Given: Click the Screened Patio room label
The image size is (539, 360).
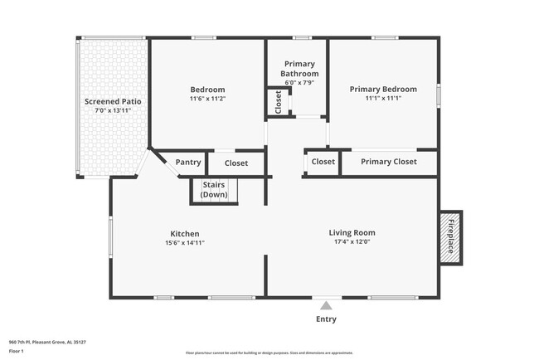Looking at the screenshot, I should (113, 100).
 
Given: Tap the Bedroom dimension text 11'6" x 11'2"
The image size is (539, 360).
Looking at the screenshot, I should (207, 99).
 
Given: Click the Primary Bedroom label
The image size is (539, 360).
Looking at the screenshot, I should (383, 89).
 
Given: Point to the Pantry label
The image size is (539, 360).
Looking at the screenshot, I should (187, 163).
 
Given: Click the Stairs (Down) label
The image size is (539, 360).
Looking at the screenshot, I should (214, 190).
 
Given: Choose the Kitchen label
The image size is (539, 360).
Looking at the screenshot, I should (185, 234).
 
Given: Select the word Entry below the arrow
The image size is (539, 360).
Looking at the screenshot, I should (327, 319).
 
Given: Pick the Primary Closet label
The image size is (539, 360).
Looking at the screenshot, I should (389, 162).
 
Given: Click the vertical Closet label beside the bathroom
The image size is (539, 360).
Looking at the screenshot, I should (278, 102).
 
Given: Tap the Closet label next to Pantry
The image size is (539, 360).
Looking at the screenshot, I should (236, 163).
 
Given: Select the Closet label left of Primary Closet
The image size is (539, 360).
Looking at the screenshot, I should (323, 162).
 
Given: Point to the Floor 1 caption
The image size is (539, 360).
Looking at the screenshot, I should (17, 351).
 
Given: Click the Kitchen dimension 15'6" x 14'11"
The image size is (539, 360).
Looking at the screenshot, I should (185, 243).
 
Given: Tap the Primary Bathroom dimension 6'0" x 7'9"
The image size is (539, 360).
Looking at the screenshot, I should (299, 82).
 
